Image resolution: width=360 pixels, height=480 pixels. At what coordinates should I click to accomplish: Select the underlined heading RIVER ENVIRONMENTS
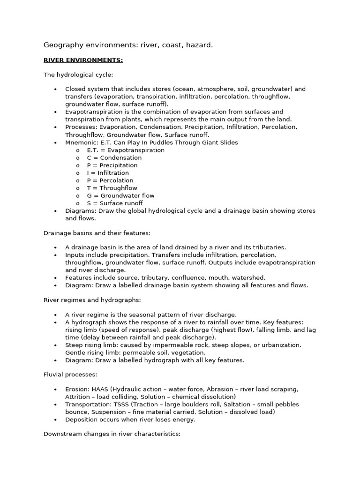[x=83, y=60]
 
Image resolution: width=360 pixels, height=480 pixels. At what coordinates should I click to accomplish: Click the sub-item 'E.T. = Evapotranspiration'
[x=126, y=150]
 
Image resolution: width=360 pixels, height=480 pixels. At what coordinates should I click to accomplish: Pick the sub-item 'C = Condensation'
[x=114, y=157]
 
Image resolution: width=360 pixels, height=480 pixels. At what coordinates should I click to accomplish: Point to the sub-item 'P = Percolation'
[x=110, y=180]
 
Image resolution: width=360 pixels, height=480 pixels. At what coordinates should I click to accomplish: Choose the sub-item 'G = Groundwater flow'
[x=120, y=195]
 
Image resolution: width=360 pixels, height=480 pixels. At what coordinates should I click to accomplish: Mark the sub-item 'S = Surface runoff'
[x=115, y=203]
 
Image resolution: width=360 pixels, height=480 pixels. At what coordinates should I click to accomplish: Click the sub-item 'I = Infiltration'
[x=108, y=173]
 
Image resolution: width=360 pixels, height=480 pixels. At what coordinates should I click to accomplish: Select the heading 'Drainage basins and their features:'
[x=97, y=233]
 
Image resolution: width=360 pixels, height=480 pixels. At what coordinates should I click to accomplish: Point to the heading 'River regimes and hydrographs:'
[x=92, y=300]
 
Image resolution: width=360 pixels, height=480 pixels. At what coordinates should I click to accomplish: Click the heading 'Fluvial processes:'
[x=70, y=375]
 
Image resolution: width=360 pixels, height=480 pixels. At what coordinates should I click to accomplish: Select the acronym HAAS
[x=102, y=390]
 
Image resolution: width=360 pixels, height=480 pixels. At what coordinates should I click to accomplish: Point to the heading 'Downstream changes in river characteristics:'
[x=112, y=435]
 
